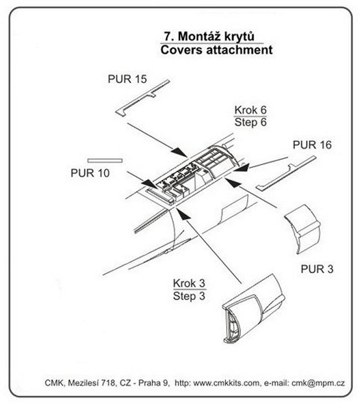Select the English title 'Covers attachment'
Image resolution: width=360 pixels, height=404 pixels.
(x=216, y=50)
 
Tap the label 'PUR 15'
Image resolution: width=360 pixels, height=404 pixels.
(x=127, y=78)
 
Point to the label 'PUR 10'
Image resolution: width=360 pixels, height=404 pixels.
(x=90, y=172)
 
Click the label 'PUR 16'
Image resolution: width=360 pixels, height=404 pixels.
(x=312, y=146)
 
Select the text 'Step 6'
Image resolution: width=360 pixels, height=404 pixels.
(x=249, y=122)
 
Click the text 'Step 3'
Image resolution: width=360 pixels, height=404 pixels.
(x=189, y=296)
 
